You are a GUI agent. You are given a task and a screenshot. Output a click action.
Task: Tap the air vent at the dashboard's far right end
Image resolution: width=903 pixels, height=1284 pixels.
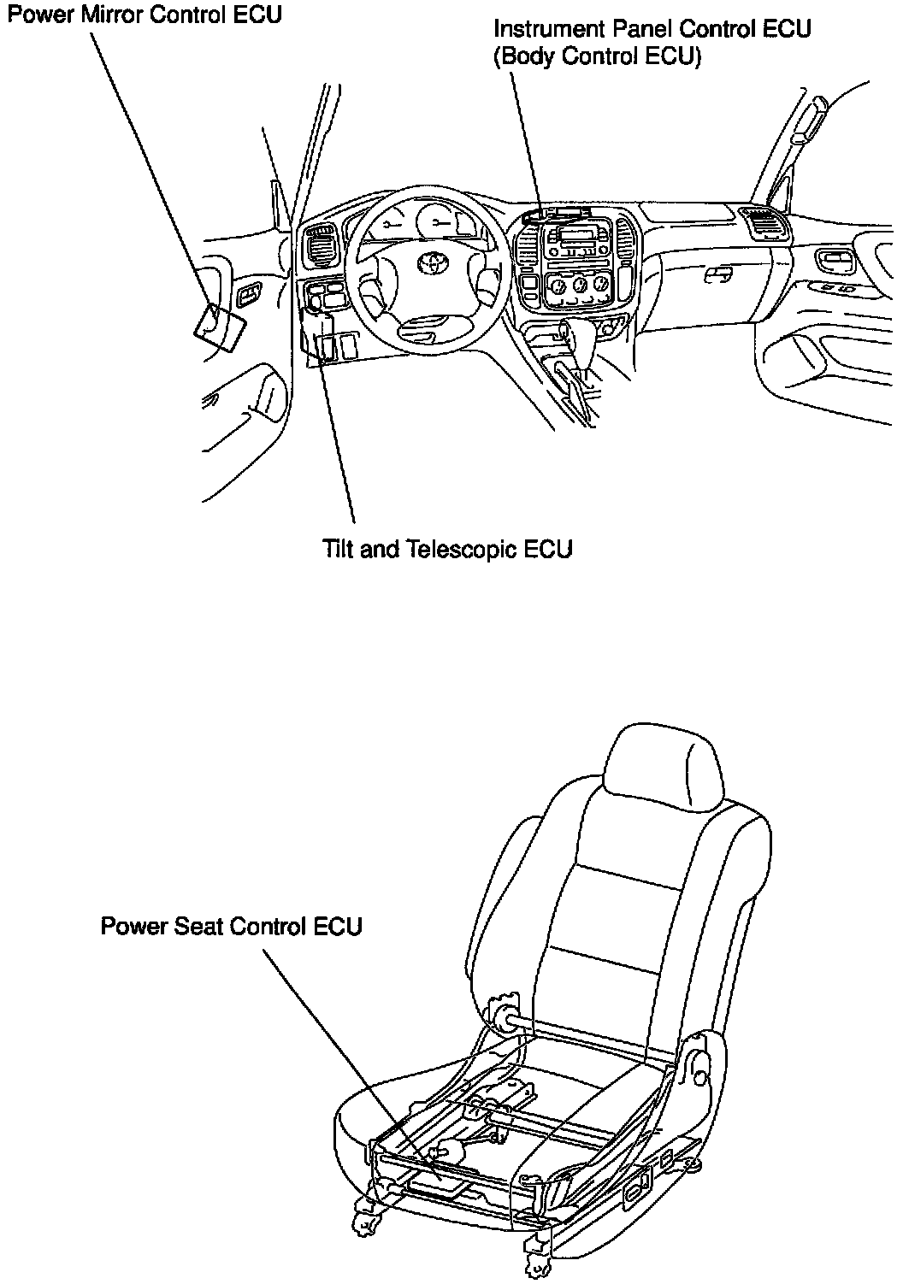click(x=760, y=224)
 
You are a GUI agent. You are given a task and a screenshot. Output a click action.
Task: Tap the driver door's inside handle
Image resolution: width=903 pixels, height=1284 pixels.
click(x=250, y=295)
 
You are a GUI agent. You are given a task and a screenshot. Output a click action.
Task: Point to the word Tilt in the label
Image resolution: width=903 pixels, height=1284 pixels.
click(x=339, y=548)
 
